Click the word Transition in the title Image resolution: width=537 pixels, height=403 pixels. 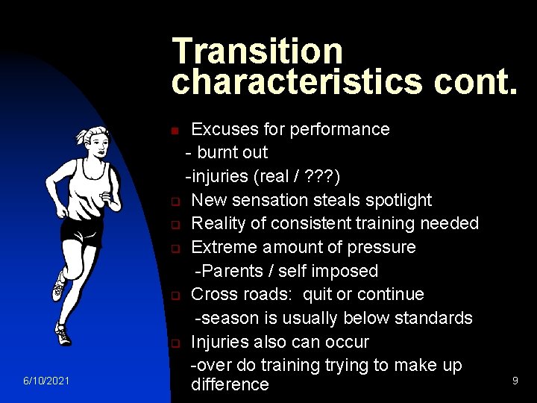257,51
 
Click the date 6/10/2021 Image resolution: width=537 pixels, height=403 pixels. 46,381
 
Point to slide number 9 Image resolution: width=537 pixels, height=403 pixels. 515,381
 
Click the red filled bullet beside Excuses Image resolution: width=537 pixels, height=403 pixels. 174,131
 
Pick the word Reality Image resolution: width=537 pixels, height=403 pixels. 217,223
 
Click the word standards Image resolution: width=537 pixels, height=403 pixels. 433,318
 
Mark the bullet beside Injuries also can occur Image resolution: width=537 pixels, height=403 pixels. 174,344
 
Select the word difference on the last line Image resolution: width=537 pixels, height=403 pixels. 230,384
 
